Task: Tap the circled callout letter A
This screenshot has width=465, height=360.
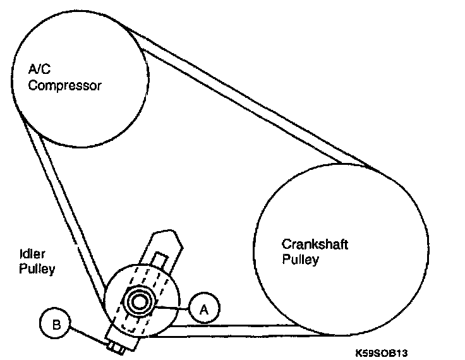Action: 203,309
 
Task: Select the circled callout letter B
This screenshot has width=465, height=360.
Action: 56,325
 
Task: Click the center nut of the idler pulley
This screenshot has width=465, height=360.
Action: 138,301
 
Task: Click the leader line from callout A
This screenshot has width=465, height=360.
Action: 172,307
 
